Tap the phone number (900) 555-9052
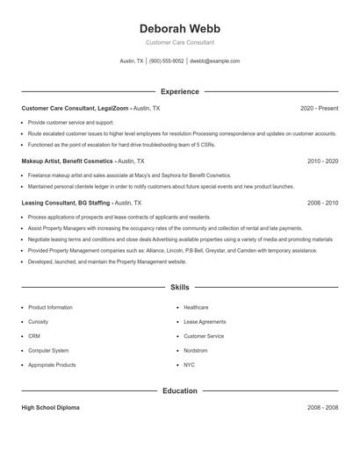tap(166, 61)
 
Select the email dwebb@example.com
tap(214, 61)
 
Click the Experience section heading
tap(179, 91)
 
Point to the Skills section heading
tap(179, 287)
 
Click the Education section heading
tap(179, 390)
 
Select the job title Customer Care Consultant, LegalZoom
tap(76, 108)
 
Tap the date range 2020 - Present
tap(319, 108)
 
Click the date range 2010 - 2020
tap(322, 161)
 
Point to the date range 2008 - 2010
tap(322, 202)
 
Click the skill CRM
tap(34, 336)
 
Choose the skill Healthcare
tap(196, 308)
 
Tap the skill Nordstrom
tap(196, 350)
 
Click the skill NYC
tap(189, 364)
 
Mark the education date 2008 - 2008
tap(322, 408)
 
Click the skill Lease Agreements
tap(205, 322)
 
